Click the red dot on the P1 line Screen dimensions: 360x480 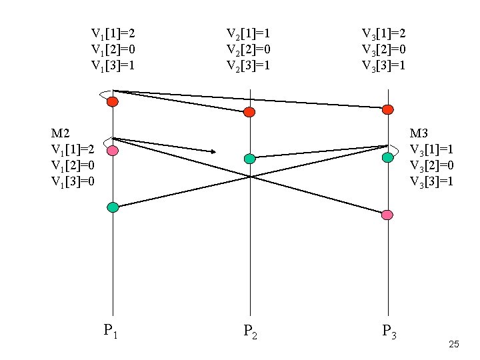pyautogui.click(x=113, y=101)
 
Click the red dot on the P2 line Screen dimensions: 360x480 pyautogui.click(x=249, y=112)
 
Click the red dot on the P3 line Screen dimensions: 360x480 pyautogui.click(x=387, y=109)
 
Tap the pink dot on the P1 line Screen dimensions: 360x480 pyautogui.click(x=113, y=151)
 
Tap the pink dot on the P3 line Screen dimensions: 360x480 pyautogui.click(x=387, y=215)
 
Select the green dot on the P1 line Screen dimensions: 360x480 pyautogui.click(x=113, y=207)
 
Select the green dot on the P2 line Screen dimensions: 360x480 pyautogui.click(x=249, y=159)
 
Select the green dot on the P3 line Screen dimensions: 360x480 pyautogui.click(x=387, y=157)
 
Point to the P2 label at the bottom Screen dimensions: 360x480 pyautogui.click(x=249, y=331)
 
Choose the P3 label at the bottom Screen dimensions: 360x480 pyautogui.click(x=389, y=331)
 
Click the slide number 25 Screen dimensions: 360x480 pyautogui.click(x=454, y=345)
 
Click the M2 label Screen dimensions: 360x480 pyautogui.click(x=61, y=133)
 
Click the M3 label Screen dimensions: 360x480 pyautogui.click(x=419, y=133)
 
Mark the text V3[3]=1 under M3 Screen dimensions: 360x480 pyautogui.click(x=431, y=181)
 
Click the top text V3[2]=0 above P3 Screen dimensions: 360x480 pyautogui.click(x=384, y=49)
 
